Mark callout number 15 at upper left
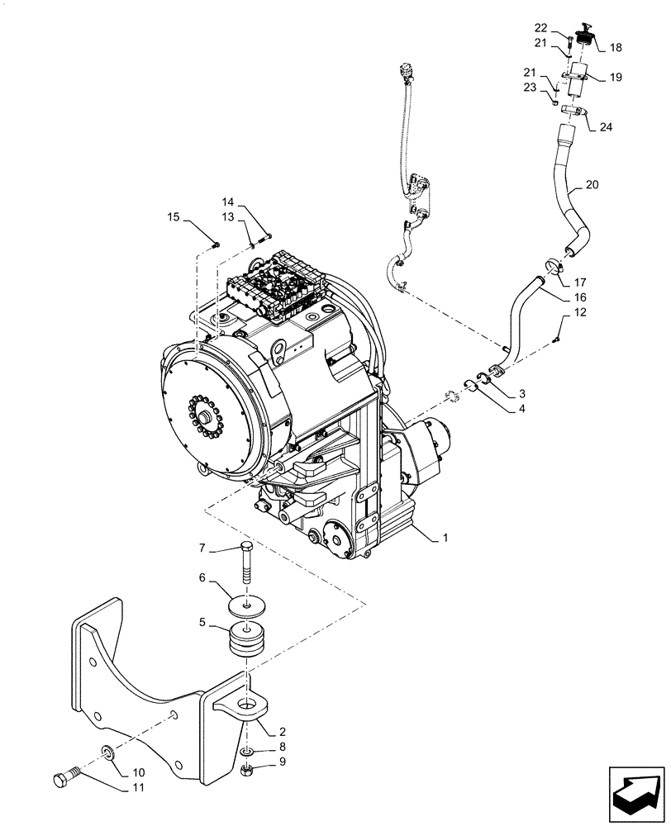tap(174, 218)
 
